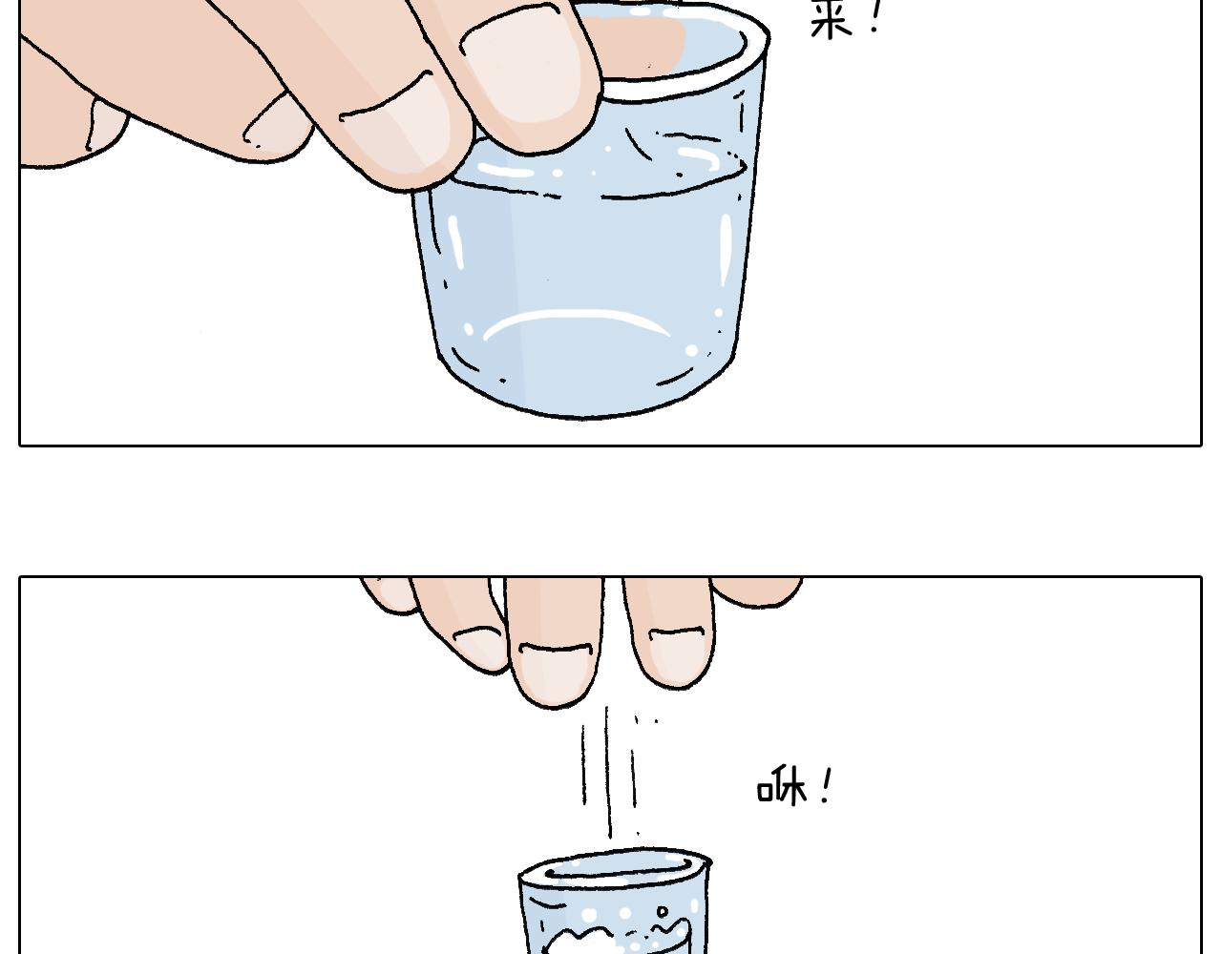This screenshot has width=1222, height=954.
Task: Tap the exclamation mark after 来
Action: (876, 19)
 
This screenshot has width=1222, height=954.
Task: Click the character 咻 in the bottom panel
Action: (782, 788)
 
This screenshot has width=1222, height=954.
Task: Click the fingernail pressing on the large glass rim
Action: (525, 72)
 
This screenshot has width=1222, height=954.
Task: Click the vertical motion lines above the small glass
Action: (609, 768)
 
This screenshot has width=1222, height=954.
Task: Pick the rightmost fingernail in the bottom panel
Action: (678, 656)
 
